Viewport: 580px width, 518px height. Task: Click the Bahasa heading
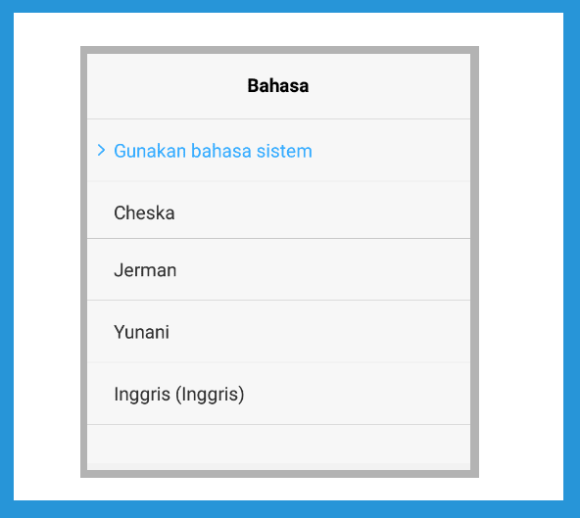(278, 86)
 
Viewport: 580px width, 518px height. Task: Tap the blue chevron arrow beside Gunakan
(101, 150)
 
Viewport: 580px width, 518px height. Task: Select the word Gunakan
(150, 151)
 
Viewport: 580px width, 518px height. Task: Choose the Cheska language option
(144, 212)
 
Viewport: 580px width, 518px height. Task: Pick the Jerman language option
(145, 270)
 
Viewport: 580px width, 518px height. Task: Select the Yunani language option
(142, 332)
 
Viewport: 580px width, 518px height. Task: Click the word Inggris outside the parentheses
(142, 395)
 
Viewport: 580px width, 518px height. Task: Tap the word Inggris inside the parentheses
(210, 395)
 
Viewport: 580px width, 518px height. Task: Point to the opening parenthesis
(178, 395)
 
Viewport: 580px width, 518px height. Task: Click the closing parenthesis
(241, 395)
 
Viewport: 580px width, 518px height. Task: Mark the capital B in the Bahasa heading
(253, 86)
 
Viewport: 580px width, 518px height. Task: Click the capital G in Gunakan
(120, 151)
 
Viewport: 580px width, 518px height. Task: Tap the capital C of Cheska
(120, 212)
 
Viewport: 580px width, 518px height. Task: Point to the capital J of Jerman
(118, 270)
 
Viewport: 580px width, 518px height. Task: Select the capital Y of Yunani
(120, 332)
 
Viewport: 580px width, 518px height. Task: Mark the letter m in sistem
(306, 153)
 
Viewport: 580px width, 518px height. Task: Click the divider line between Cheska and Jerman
(278, 239)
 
